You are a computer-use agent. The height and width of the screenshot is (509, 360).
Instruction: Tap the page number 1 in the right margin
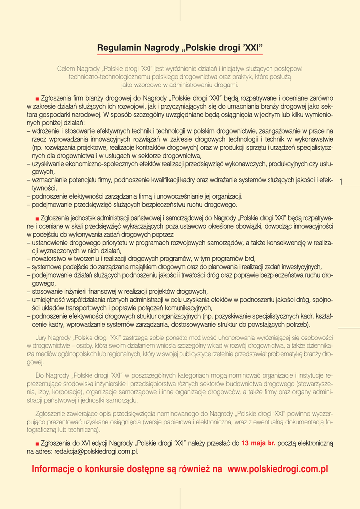pos(341,182)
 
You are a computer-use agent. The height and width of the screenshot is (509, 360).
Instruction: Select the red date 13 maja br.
pos(258,443)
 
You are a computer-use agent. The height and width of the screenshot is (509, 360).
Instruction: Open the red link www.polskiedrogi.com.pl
pos(277,469)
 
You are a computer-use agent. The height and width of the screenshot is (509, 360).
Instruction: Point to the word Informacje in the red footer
pos(55,469)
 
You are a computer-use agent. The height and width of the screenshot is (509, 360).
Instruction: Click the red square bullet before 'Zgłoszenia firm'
pos(37,99)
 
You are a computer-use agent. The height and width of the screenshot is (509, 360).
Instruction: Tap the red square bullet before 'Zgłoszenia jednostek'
pos(37,218)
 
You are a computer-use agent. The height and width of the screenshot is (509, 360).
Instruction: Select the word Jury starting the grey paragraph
pos(43,338)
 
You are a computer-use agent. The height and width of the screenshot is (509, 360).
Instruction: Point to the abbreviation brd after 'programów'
pos(250,258)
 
